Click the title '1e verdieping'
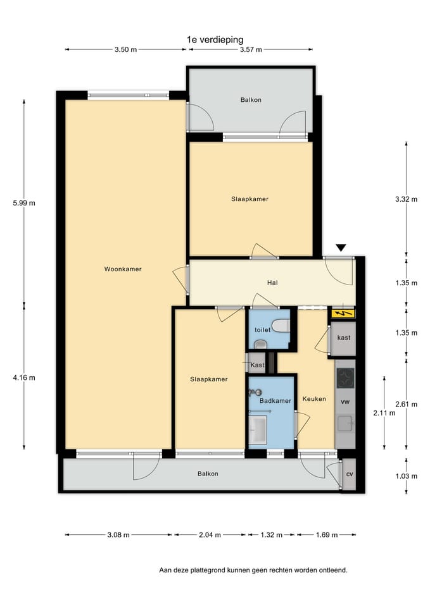tap(215, 39)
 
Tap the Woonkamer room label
tap(123, 269)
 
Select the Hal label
tap(272, 283)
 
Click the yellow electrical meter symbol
tap(343, 313)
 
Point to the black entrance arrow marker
tap(341, 248)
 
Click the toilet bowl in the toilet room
tap(281, 326)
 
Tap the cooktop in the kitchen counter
tap(345, 378)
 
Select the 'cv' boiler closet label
tap(350, 474)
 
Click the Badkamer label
tap(275, 401)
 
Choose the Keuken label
tap(314, 399)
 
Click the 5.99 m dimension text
tap(24, 203)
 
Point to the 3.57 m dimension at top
tap(251, 49)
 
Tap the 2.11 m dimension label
tap(384, 413)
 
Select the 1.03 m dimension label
tap(407, 476)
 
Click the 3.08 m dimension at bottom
tap(118, 535)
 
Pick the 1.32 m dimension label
tap(272, 535)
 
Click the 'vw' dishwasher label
tap(345, 402)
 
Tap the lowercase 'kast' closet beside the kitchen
tap(343, 338)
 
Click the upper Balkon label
tap(251, 100)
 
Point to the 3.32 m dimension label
tap(407, 199)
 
